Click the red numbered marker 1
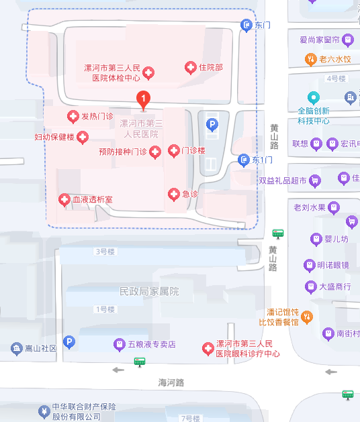pos(142,99)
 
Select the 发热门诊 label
pos(97,117)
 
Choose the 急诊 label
pos(190,194)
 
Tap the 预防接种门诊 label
pos(122,152)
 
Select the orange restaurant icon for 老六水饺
pos(310,59)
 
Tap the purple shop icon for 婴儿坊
pos(315,239)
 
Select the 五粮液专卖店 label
pos(152,344)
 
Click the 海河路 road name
pos(171,382)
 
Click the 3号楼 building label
pos(105,252)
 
